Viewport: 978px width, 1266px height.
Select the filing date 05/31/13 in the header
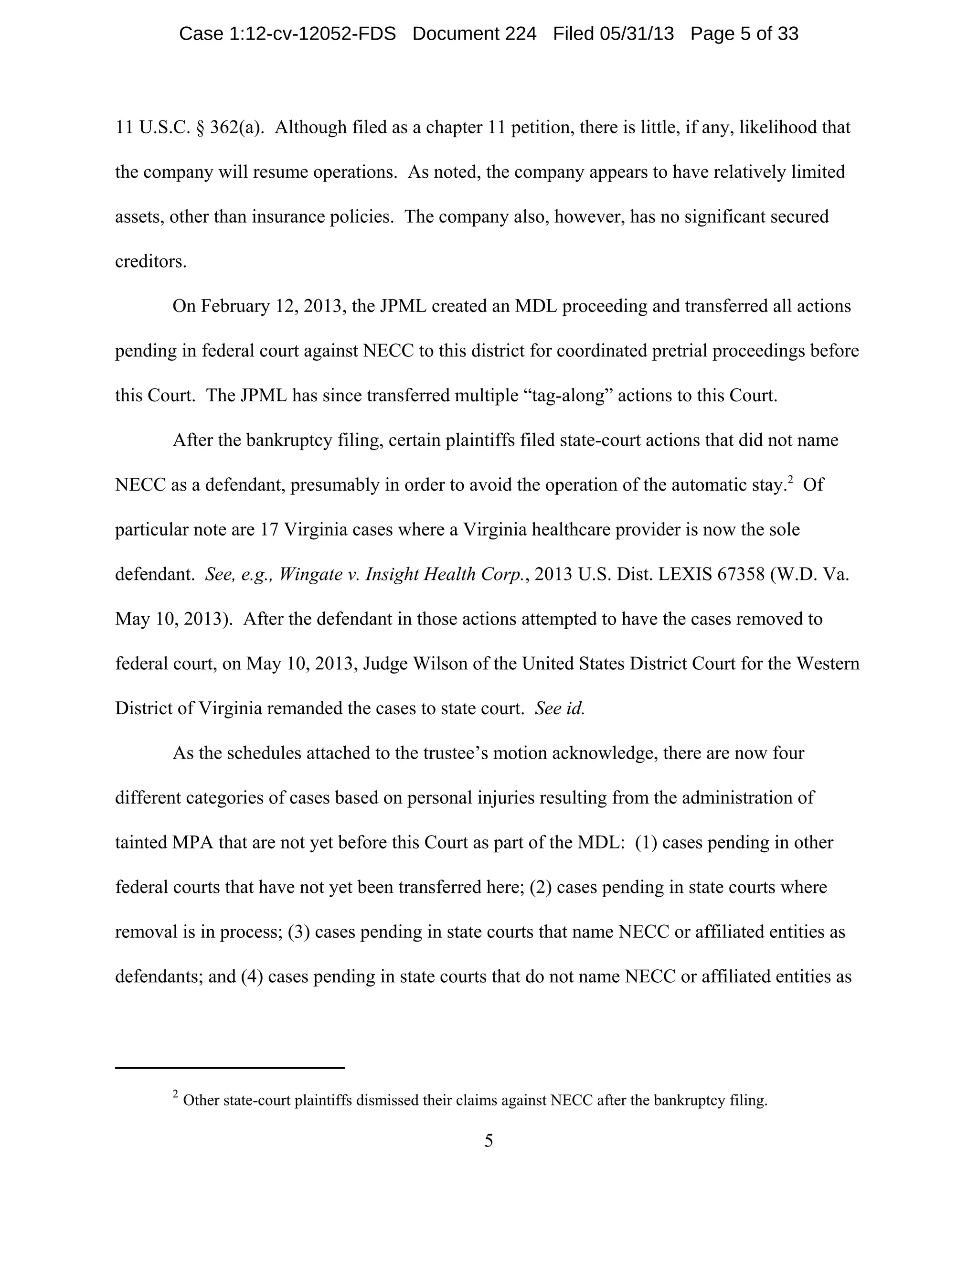(x=636, y=33)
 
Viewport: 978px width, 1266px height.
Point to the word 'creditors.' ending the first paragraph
(x=150, y=261)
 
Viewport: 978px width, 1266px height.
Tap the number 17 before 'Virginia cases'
(x=269, y=530)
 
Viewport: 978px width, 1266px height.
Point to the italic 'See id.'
(x=560, y=708)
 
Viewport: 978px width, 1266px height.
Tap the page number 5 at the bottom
(x=489, y=1141)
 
